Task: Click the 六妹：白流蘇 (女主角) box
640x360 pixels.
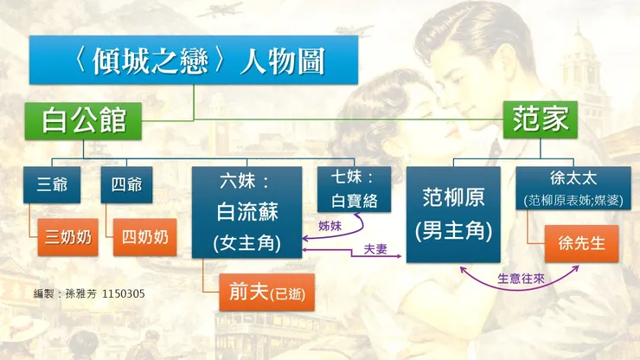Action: click(246, 213)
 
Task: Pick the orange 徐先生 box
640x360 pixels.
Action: click(581, 243)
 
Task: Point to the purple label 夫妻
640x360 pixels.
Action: click(374, 248)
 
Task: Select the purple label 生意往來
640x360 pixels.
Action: click(521, 280)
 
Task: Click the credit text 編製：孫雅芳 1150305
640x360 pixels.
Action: click(89, 294)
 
